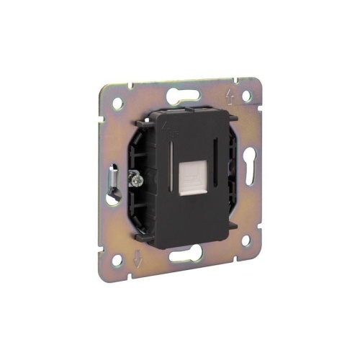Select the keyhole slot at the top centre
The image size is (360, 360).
(182, 95)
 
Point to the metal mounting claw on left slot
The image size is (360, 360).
(113, 181)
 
